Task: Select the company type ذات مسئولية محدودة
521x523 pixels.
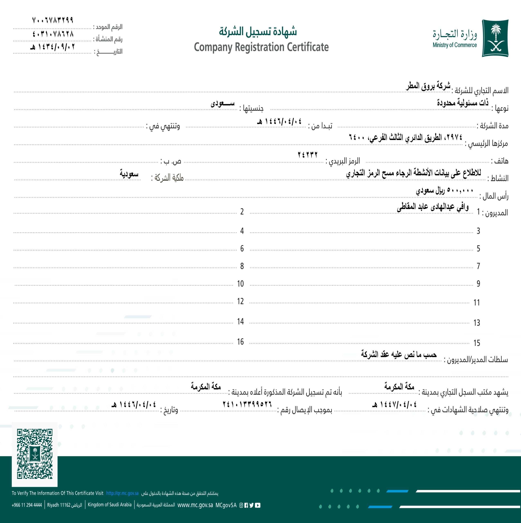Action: [463, 103]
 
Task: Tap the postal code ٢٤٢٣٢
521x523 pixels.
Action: [307, 155]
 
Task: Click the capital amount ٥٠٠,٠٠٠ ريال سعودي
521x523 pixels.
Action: [444, 190]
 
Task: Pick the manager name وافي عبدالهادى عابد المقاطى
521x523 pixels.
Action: [432, 207]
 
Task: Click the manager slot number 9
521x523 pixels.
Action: [478, 284]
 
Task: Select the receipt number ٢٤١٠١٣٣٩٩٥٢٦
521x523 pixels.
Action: [247, 404]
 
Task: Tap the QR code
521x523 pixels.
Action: [35, 454]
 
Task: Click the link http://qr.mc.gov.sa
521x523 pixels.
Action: [122, 493]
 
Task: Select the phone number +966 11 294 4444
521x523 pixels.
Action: [27, 505]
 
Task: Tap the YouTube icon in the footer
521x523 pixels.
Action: [258, 505]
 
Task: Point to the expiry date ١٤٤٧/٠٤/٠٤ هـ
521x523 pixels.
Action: [394, 405]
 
